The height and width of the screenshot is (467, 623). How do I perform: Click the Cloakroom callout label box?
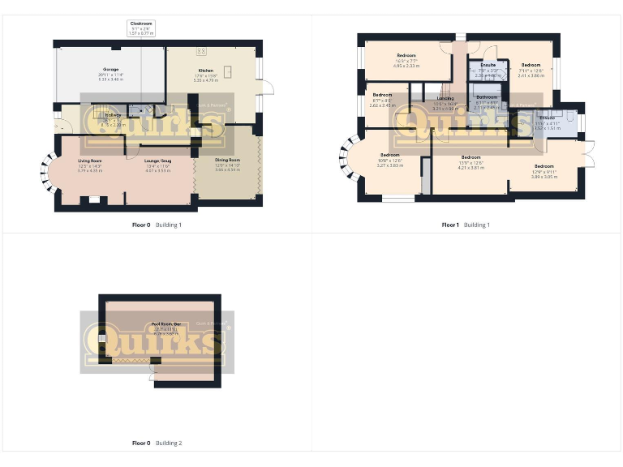coord(141,29)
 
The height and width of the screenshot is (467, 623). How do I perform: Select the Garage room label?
coord(110,75)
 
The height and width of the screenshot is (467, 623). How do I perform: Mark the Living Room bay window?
coord(45,171)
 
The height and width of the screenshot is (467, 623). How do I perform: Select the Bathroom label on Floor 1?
coord(486,102)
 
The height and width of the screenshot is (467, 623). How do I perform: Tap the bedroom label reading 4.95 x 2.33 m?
coord(406,63)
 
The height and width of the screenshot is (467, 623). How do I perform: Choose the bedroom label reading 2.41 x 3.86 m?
coord(531,70)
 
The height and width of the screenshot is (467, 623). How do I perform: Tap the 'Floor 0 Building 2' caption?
coord(157,443)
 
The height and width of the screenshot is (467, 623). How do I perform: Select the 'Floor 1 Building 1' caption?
coord(466,225)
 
